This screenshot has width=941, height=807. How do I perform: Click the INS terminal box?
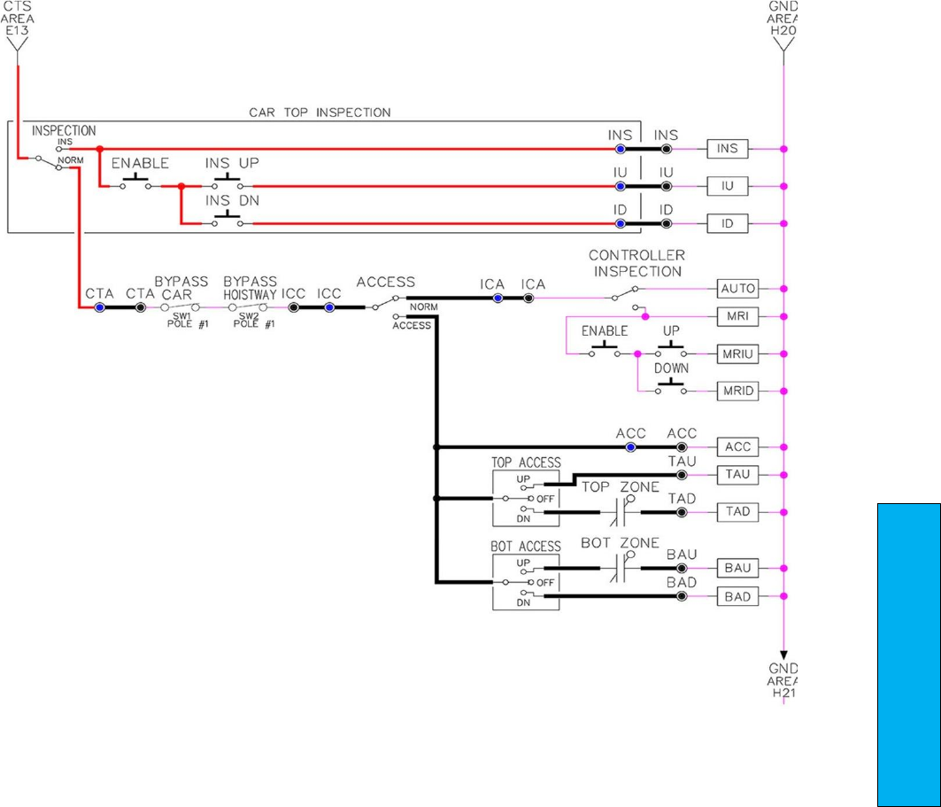tap(727, 149)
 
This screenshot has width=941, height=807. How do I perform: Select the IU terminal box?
tap(727, 186)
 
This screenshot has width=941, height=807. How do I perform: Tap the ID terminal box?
tap(727, 223)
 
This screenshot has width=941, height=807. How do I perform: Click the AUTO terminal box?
tap(737, 289)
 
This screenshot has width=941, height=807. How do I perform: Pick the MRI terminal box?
tap(737, 316)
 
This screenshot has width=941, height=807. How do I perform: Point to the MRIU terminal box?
tap(737, 353)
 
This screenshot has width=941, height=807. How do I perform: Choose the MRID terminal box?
tap(737, 391)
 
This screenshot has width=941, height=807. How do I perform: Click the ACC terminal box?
tap(737, 447)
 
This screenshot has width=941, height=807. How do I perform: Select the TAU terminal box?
tap(737, 475)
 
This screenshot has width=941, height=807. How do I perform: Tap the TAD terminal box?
tap(737, 512)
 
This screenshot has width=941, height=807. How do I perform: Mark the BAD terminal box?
tap(737, 597)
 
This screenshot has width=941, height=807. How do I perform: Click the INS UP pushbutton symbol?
tap(228, 182)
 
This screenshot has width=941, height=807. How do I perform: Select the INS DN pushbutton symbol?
tap(228, 219)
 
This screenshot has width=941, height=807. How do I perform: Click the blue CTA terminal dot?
tap(100, 307)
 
